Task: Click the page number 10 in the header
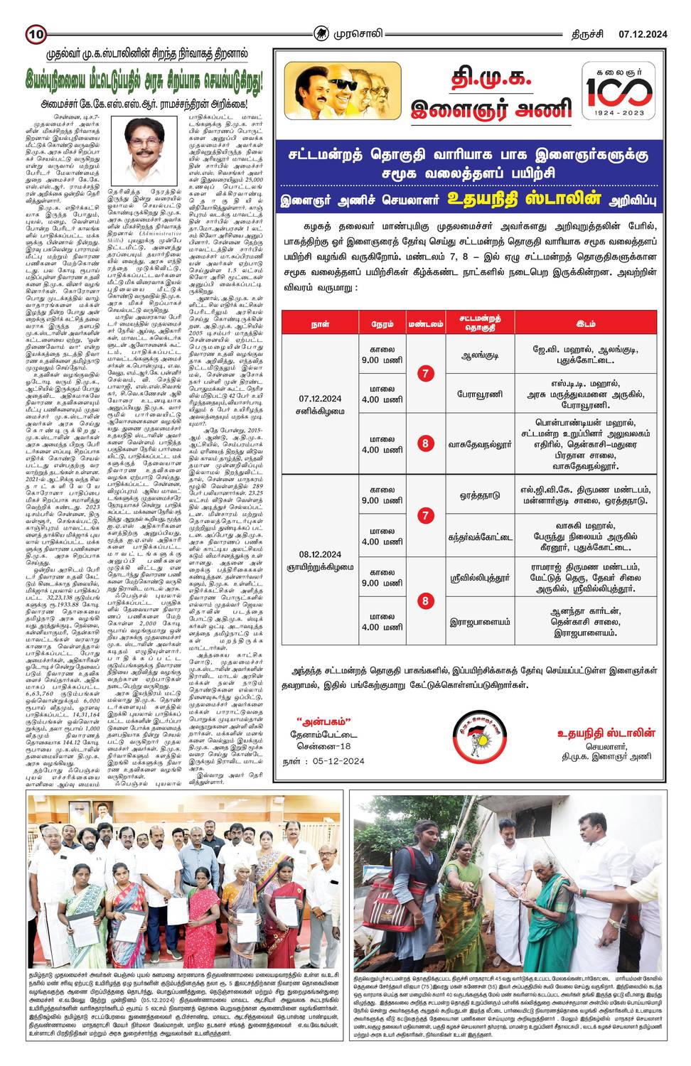pyautogui.click(x=36, y=33)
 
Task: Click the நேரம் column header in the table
pyautogui.click(x=382, y=324)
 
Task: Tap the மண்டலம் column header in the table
pyautogui.click(x=425, y=324)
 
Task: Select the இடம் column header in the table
pyautogui.click(x=585, y=324)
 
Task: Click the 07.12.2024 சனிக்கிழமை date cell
pyautogui.click(x=320, y=404)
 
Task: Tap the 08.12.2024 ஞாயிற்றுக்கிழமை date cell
pyautogui.click(x=320, y=560)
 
